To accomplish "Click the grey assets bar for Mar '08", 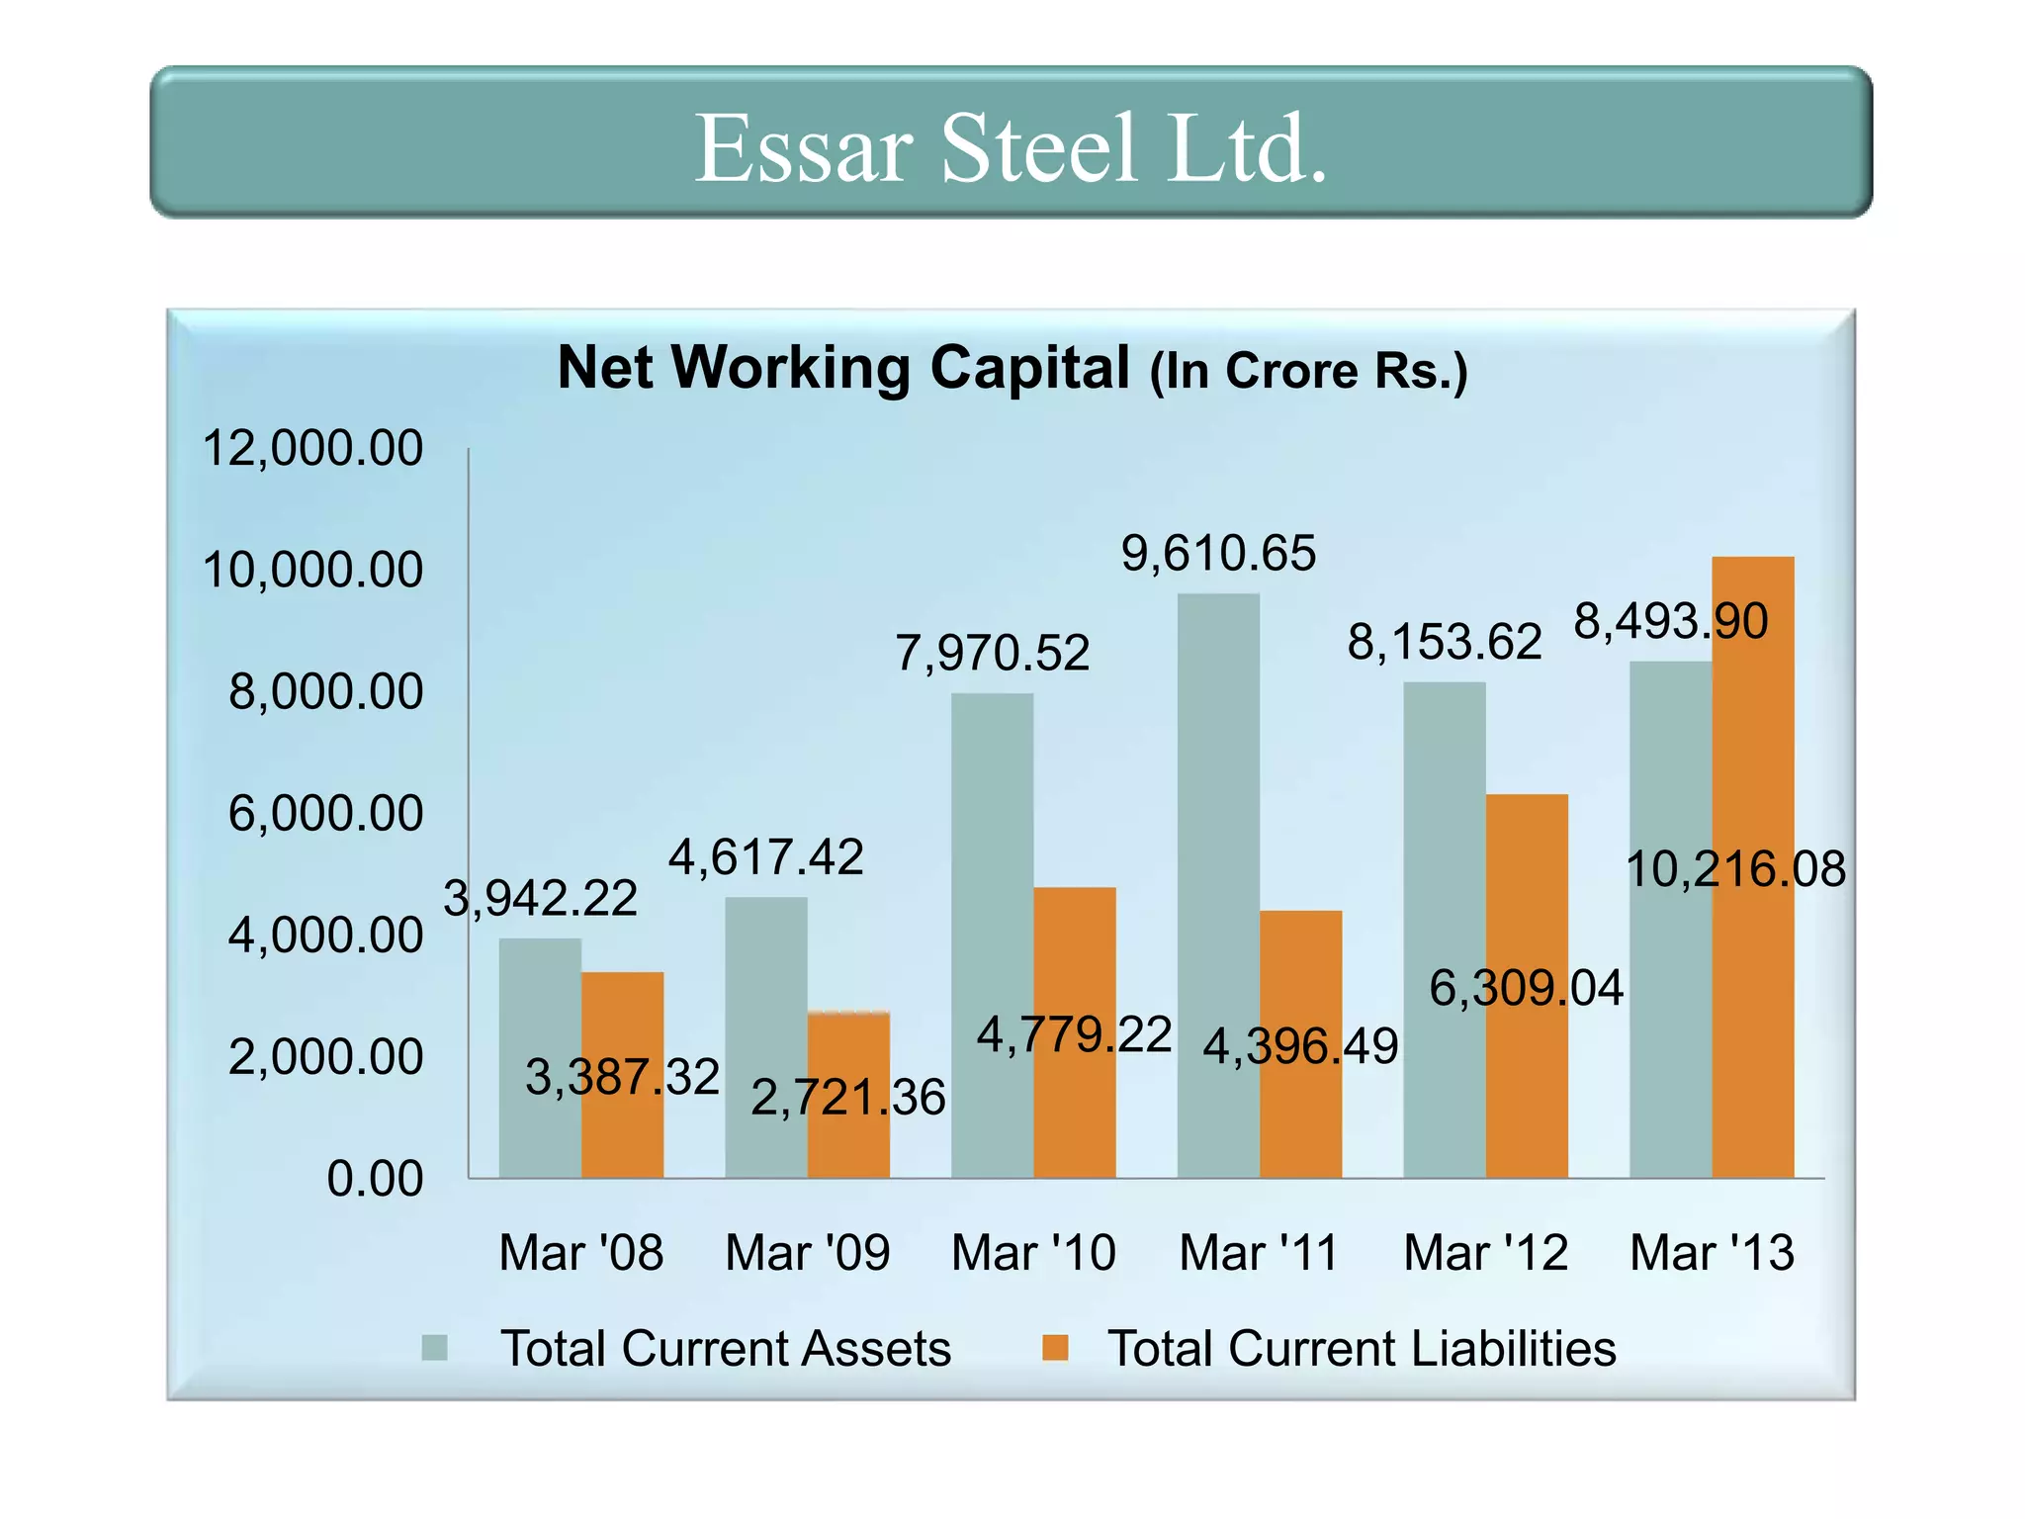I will [x=539, y=1058].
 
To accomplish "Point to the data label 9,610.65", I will [x=1218, y=553].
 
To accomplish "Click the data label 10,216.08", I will [x=1735, y=869].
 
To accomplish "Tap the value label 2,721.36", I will [x=848, y=1097].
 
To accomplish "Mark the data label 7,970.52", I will [x=992, y=653].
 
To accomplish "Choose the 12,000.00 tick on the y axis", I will [x=312, y=448].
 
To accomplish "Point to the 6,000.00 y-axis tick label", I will [x=325, y=813].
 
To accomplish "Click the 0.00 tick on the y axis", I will [x=375, y=1179].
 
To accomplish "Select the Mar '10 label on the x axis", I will [x=1033, y=1252].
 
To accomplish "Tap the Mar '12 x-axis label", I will [x=1485, y=1252].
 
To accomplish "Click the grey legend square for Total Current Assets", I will [x=435, y=1348].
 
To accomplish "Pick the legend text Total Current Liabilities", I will [x=1361, y=1348].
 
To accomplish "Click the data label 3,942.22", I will [x=540, y=898].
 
